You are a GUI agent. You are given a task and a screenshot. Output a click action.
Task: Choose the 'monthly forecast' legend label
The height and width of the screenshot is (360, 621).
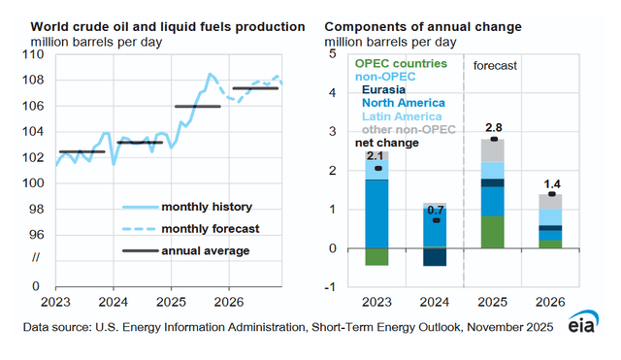coord(210,228)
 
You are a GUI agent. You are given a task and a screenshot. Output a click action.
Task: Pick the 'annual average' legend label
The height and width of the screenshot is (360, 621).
coord(205,250)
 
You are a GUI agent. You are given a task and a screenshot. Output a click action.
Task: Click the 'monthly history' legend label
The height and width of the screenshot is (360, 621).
coord(206,206)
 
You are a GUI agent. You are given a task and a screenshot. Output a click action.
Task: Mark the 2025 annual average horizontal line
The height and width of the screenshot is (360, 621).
coord(197,106)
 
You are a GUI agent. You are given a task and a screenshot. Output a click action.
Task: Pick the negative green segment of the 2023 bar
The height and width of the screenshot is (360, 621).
coord(377,256)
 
